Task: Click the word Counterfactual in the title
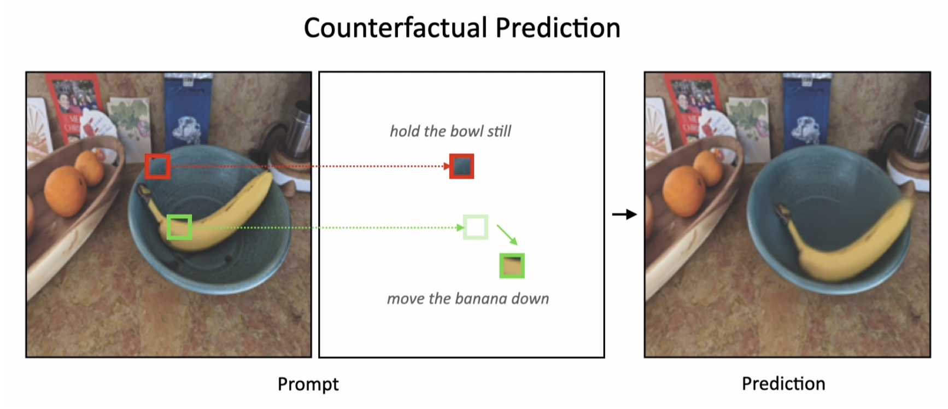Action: [x=396, y=27]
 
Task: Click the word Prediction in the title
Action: [x=558, y=27]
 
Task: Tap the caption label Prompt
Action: [x=308, y=384]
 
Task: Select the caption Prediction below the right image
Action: [x=783, y=383]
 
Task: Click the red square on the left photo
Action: [x=157, y=166]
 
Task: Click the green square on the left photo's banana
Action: [x=179, y=227]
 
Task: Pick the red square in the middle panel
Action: [x=461, y=166]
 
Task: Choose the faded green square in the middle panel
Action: [x=476, y=227]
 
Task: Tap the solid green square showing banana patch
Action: [x=512, y=266]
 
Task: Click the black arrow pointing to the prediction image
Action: [x=624, y=214]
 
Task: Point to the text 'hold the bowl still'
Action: [x=450, y=131]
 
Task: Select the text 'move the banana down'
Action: [x=468, y=299]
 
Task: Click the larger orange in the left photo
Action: [x=65, y=191]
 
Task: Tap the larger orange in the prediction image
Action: [x=684, y=191]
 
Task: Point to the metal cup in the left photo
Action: [x=299, y=131]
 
